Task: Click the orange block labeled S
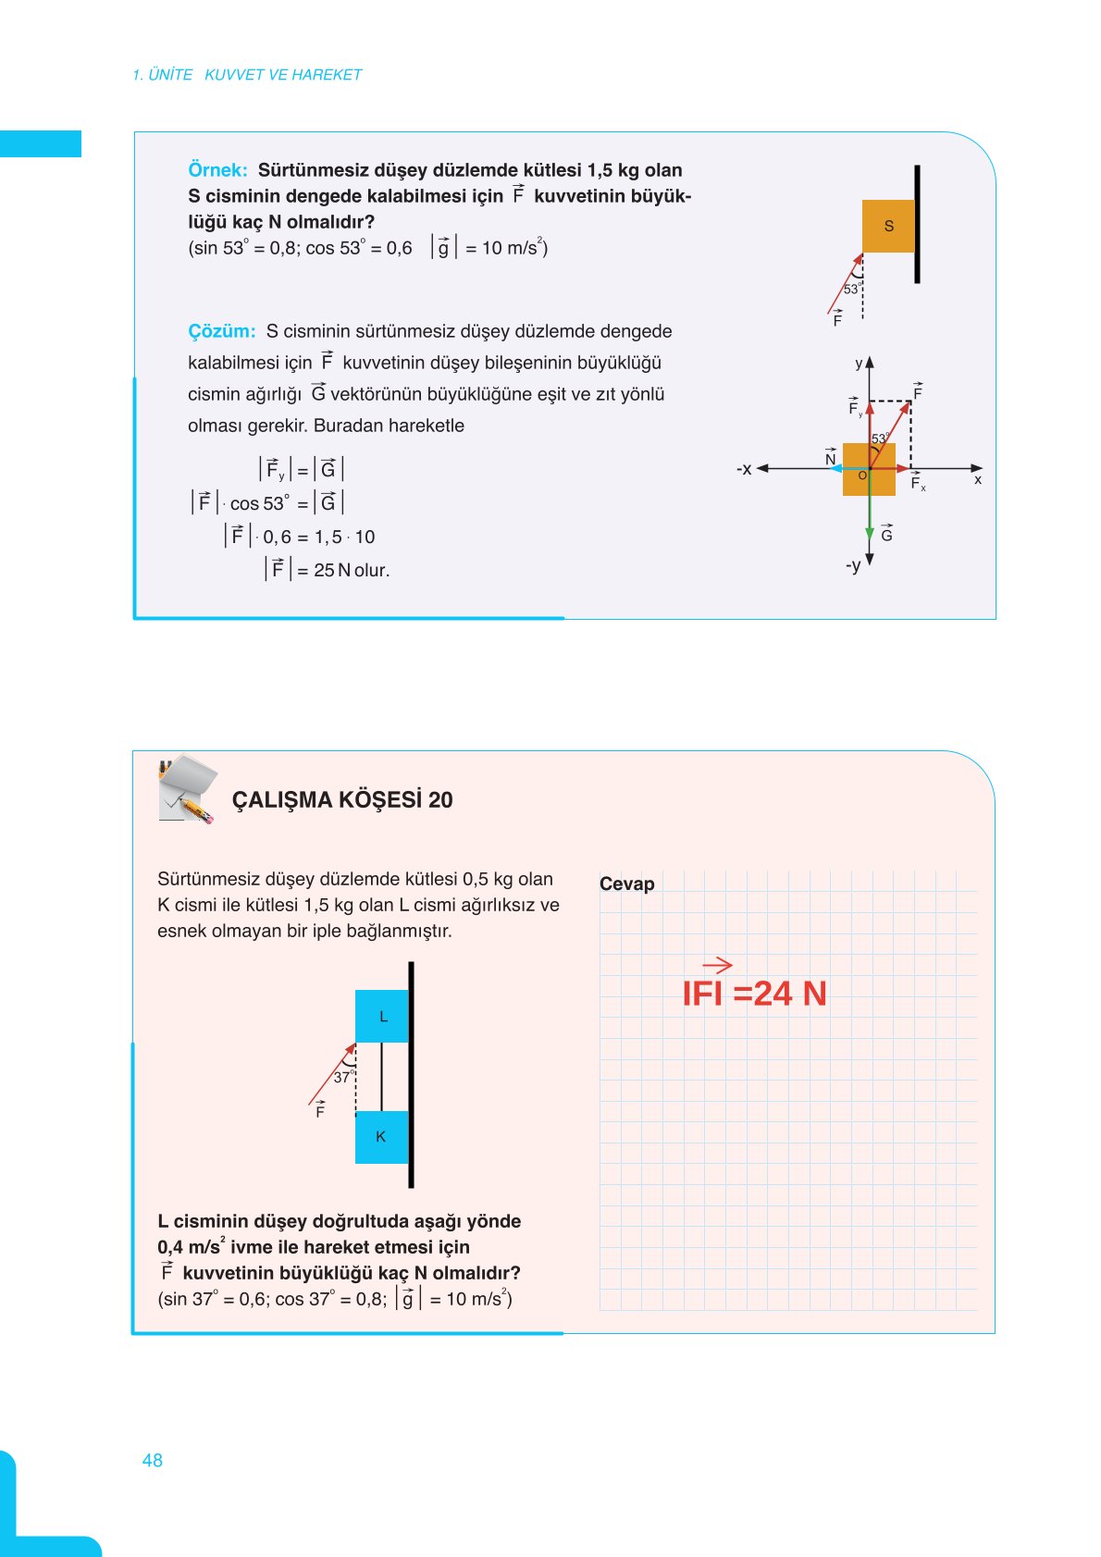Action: click(888, 226)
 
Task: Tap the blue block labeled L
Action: click(382, 1016)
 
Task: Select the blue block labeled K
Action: click(381, 1137)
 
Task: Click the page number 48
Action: click(153, 1460)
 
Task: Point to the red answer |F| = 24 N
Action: click(753, 992)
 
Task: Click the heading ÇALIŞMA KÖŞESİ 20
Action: click(342, 800)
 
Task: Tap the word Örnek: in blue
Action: click(217, 170)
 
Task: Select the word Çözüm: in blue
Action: click(221, 331)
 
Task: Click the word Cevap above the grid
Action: click(626, 884)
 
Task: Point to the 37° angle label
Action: click(342, 1078)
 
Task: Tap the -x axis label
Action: click(744, 469)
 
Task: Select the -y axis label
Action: click(853, 565)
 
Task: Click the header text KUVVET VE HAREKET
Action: click(283, 75)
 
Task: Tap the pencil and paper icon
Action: click(188, 789)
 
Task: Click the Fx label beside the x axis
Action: click(918, 483)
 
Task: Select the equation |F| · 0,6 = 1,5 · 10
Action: click(300, 537)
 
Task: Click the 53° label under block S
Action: click(851, 290)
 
